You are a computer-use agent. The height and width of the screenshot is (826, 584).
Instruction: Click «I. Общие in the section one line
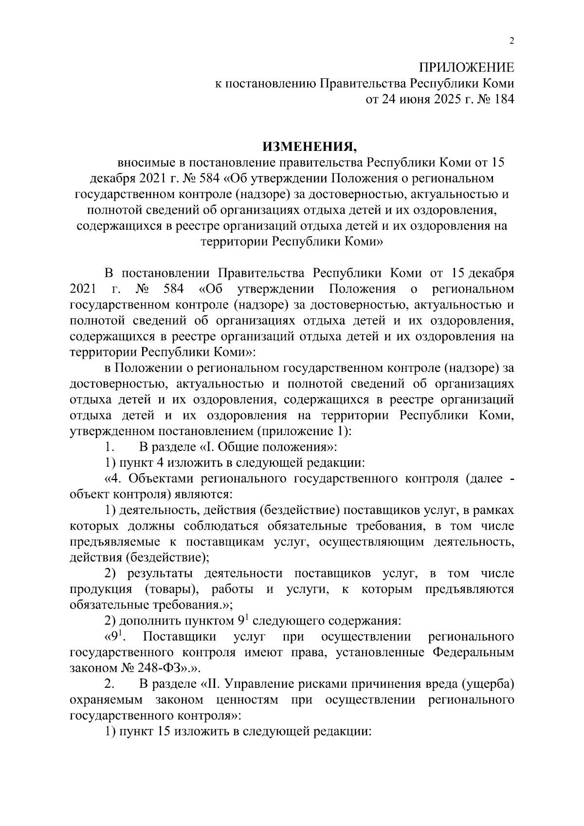(x=231, y=446)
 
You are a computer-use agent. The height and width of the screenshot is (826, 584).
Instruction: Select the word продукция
(x=101, y=590)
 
